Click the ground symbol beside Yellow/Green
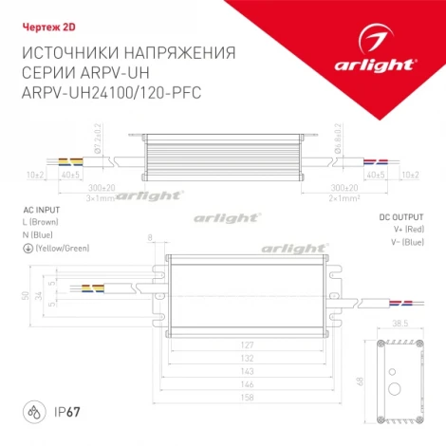tap(25, 247)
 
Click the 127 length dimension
tap(247, 345)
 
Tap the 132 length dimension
tap(247, 360)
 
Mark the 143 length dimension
tap(247, 374)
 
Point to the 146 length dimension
tap(247, 387)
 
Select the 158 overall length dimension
tap(247, 401)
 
